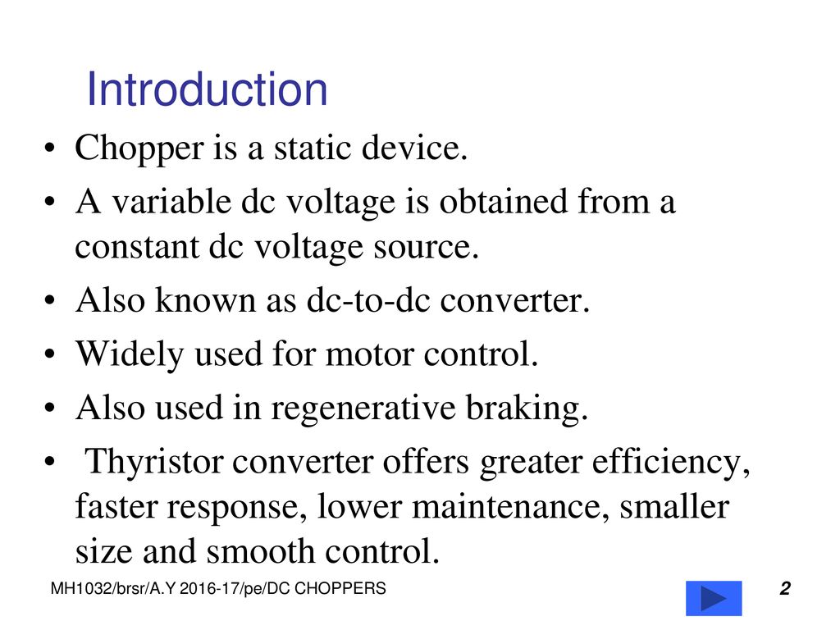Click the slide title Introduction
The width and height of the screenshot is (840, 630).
[x=207, y=89]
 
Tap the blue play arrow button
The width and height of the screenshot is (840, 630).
[x=714, y=598]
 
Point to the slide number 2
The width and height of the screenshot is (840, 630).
[x=785, y=588]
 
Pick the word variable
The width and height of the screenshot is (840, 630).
[x=171, y=202]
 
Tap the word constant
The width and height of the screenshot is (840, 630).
[x=137, y=248]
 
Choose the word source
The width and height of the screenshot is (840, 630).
[x=426, y=249]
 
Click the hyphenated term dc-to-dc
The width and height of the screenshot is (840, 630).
[x=368, y=300]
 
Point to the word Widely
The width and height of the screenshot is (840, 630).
[x=130, y=355]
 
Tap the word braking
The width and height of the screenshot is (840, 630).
[x=527, y=409]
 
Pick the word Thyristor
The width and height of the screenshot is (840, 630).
[x=153, y=462]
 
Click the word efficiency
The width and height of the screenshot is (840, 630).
[x=671, y=462]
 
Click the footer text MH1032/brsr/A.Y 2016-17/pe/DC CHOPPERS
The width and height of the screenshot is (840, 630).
[x=218, y=589]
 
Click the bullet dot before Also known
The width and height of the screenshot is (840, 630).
[x=50, y=300]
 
